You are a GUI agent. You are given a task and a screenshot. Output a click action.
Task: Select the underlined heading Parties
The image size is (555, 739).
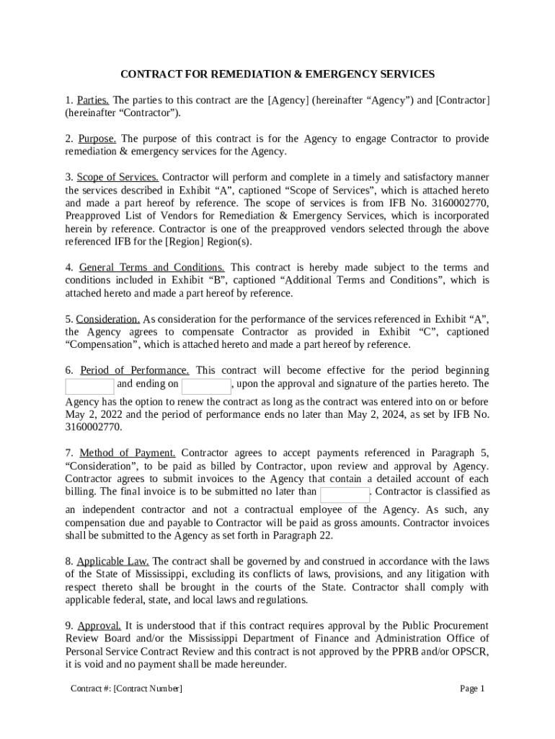point(93,100)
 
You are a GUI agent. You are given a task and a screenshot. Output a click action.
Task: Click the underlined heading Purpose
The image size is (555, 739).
point(98,138)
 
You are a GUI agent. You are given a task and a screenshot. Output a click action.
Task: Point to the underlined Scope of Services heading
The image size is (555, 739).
point(117,177)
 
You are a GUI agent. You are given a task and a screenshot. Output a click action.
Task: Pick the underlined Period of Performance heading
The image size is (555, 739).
point(135,370)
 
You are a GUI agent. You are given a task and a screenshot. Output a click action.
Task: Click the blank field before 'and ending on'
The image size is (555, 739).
point(89,385)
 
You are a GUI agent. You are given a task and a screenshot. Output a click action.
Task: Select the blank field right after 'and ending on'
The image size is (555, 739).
point(206,385)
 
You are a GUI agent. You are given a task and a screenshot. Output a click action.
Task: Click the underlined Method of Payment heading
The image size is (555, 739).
point(128,452)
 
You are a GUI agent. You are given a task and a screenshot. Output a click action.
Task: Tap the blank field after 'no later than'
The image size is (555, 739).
point(345,494)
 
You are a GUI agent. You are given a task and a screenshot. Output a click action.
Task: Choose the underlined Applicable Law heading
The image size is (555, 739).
point(113,561)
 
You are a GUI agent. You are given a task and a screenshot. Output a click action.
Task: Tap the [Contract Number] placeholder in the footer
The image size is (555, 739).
point(148,688)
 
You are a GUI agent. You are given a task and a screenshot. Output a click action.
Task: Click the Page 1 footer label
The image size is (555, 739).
point(472,688)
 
